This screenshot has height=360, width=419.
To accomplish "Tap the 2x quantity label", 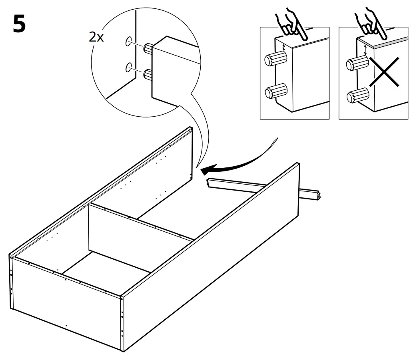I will tap(96, 37).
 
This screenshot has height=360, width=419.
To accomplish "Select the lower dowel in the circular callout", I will tap(148, 74).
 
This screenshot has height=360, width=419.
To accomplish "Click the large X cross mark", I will tap(384, 72).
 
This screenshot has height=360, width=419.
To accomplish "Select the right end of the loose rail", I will tap(316, 196).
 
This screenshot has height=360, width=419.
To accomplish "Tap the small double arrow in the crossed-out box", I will tap(365, 50).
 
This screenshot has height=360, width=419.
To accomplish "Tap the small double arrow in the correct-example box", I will tap(284, 48).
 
